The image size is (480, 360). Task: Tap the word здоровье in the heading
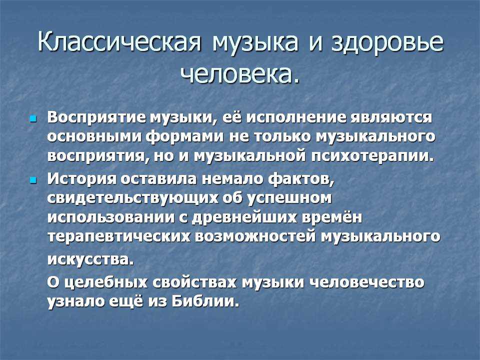click(387, 42)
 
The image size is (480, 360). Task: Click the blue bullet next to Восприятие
click(33, 118)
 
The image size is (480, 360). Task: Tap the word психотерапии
click(372, 156)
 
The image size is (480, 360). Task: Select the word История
click(81, 179)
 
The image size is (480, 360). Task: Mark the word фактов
click(301, 179)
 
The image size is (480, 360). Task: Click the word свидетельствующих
click(133, 198)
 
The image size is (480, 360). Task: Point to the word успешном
click(289, 198)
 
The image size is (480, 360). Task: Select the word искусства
click(90, 259)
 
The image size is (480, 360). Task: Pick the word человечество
click(366, 282)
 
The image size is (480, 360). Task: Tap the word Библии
click(204, 301)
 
